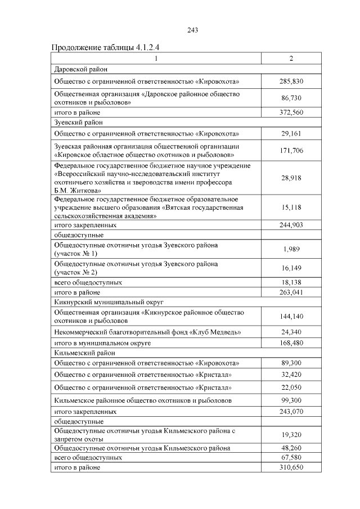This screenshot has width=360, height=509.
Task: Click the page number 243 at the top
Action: click(192, 30)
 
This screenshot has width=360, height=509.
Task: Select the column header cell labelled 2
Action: click(291, 58)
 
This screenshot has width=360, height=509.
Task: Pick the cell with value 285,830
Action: click(291, 82)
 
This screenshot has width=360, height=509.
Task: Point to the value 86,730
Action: click(291, 98)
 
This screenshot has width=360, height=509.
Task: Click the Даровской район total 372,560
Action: click(291, 112)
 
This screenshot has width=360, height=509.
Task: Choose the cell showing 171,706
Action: click(291, 150)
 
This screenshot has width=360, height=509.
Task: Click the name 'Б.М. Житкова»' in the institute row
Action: click(78, 191)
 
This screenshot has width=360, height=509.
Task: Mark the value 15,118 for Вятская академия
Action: click(291, 208)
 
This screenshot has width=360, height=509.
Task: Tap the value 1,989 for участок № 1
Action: click(291, 249)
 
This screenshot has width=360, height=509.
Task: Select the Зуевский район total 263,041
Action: click(291, 292)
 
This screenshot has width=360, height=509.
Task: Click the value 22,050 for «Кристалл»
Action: click(291, 388)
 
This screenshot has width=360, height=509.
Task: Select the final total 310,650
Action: click(291, 467)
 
